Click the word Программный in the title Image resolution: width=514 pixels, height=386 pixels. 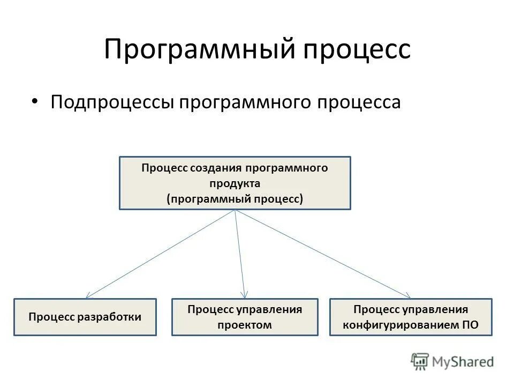(x=196, y=49)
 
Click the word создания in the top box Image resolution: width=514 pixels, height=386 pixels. (x=208, y=168)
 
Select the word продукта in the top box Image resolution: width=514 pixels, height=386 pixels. (x=235, y=183)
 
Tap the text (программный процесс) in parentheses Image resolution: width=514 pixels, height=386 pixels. (x=235, y=199)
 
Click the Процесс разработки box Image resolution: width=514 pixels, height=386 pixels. (x=85, y=317)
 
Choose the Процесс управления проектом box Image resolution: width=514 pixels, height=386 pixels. (x=245, y=317)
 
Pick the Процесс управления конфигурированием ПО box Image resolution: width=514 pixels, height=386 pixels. (x=411, y=317)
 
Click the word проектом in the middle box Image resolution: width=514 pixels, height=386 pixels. (x=245, y=325)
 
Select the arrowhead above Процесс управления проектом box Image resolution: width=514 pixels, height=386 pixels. (x=244, y=295)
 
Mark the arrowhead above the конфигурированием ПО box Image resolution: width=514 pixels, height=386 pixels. (x=408, y=295)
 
